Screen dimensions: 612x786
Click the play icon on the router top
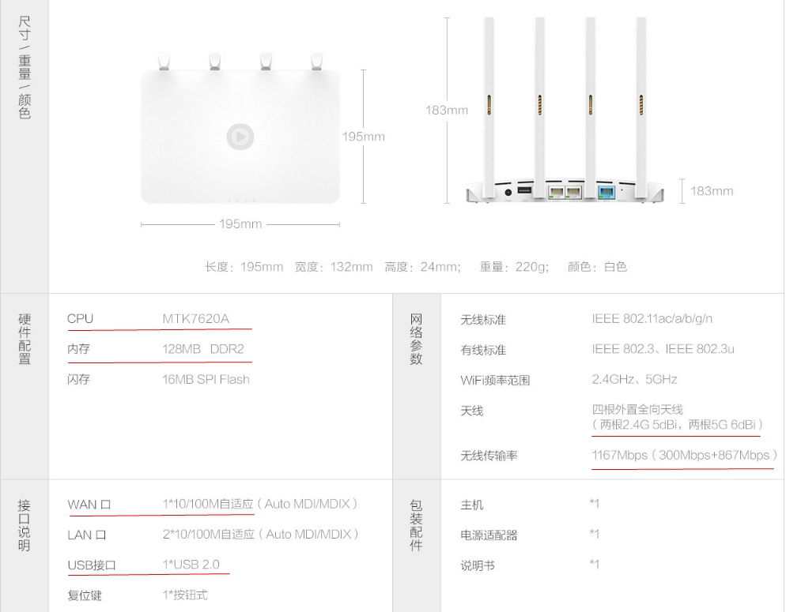pyautogui.click(x=240, y=137)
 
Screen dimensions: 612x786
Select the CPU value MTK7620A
pyautogui.click(x=195, y=319)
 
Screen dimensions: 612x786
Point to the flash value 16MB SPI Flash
pyautogui.click(x=206, y=379)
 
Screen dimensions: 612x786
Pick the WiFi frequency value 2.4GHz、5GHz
pyautogui.click(x=634, y=379)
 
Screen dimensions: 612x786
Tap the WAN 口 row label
pyautogui.click(x=89, y=505)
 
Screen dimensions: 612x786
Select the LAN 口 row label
pyautogui.click(x=87, y=535)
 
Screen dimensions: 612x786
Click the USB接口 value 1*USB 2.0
pyautogui.click(x=191, y=565)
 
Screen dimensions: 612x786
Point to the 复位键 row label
pyautogui.click(x=85, y=595)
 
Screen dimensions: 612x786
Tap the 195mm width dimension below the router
pyautogui.click(x=240, y=224)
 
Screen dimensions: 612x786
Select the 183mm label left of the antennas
pyautogui.click(x=446, y=111)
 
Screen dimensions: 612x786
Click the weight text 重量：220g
pyautogui.click(x=514, y=267)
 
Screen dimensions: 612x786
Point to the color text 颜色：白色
pyautogui.click(x=597, y=267)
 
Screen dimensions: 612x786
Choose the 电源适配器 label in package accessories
pyautogui.click(x=489, y=535)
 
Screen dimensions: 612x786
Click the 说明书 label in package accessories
pyautogui.click(x=478, y=566)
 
